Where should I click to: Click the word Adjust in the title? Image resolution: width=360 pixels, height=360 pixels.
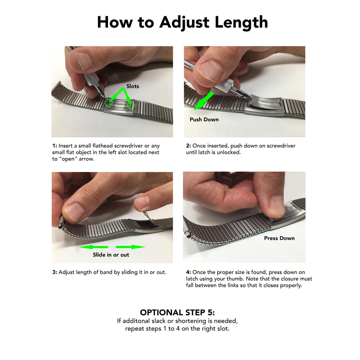(x=184, y=22)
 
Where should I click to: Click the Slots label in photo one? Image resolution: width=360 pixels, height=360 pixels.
(x=133, y=86)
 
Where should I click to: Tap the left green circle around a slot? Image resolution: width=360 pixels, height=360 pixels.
(x=109, y=103)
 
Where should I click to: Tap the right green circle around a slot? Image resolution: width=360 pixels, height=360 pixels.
(x=131, y=105)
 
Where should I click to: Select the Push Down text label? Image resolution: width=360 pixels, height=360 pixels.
(x=204, y=120)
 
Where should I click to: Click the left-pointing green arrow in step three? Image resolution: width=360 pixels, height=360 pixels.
(x=94, y=247)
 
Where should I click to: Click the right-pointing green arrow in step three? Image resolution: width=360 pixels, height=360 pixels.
(x=130, y=247)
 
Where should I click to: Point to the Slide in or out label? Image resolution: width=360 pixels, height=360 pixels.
(x=111, y=255)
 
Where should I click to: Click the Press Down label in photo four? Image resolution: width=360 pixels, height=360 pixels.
(x=279, y=238)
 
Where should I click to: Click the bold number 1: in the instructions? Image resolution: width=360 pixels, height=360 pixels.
(x=54, y=146)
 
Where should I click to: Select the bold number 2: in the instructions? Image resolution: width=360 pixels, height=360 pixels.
(x=188, y=146)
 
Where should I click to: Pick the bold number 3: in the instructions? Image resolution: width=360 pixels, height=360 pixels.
(x=54, y=272)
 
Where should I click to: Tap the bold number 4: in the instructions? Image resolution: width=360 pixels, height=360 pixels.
(x=188, y=272)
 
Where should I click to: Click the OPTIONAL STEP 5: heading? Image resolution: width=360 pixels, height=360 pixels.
(x=177, y=313)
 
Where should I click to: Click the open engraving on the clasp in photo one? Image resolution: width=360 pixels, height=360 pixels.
(x=120, y=104)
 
